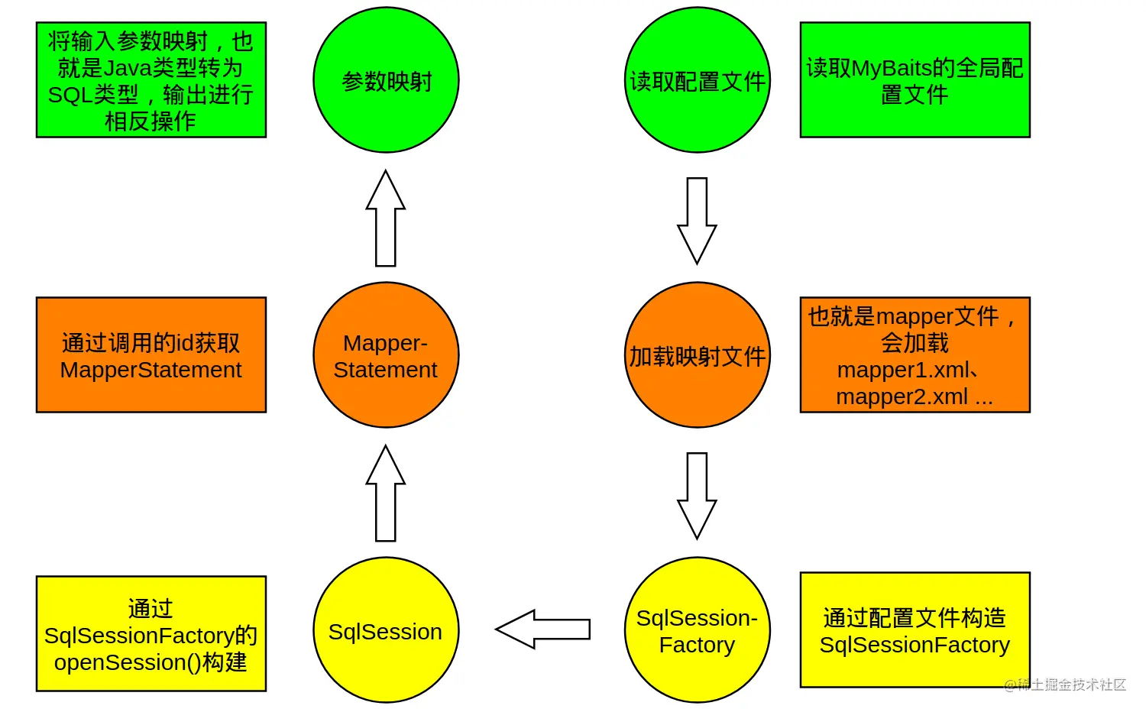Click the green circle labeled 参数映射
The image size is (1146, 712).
tap(386, 80)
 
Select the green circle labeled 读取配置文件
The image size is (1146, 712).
tap(697, 80)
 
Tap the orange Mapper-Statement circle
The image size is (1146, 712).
tap(386, 355)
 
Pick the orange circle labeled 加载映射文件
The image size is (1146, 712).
tap(697, 355)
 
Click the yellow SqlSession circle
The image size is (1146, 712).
tap(386, 630)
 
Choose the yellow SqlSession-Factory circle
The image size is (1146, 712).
tap(697, 630)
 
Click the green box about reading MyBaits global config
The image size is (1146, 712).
tap(915, 80)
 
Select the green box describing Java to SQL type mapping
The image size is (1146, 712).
tap(151, 80)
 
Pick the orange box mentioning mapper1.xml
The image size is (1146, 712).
tap(915, 355)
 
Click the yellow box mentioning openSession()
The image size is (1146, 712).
tap(151, 634)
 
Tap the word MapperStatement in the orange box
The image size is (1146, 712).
tap(151, 371)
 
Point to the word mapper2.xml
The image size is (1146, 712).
tap(902, 397)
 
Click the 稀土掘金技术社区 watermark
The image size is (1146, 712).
tap(1066, 684)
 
